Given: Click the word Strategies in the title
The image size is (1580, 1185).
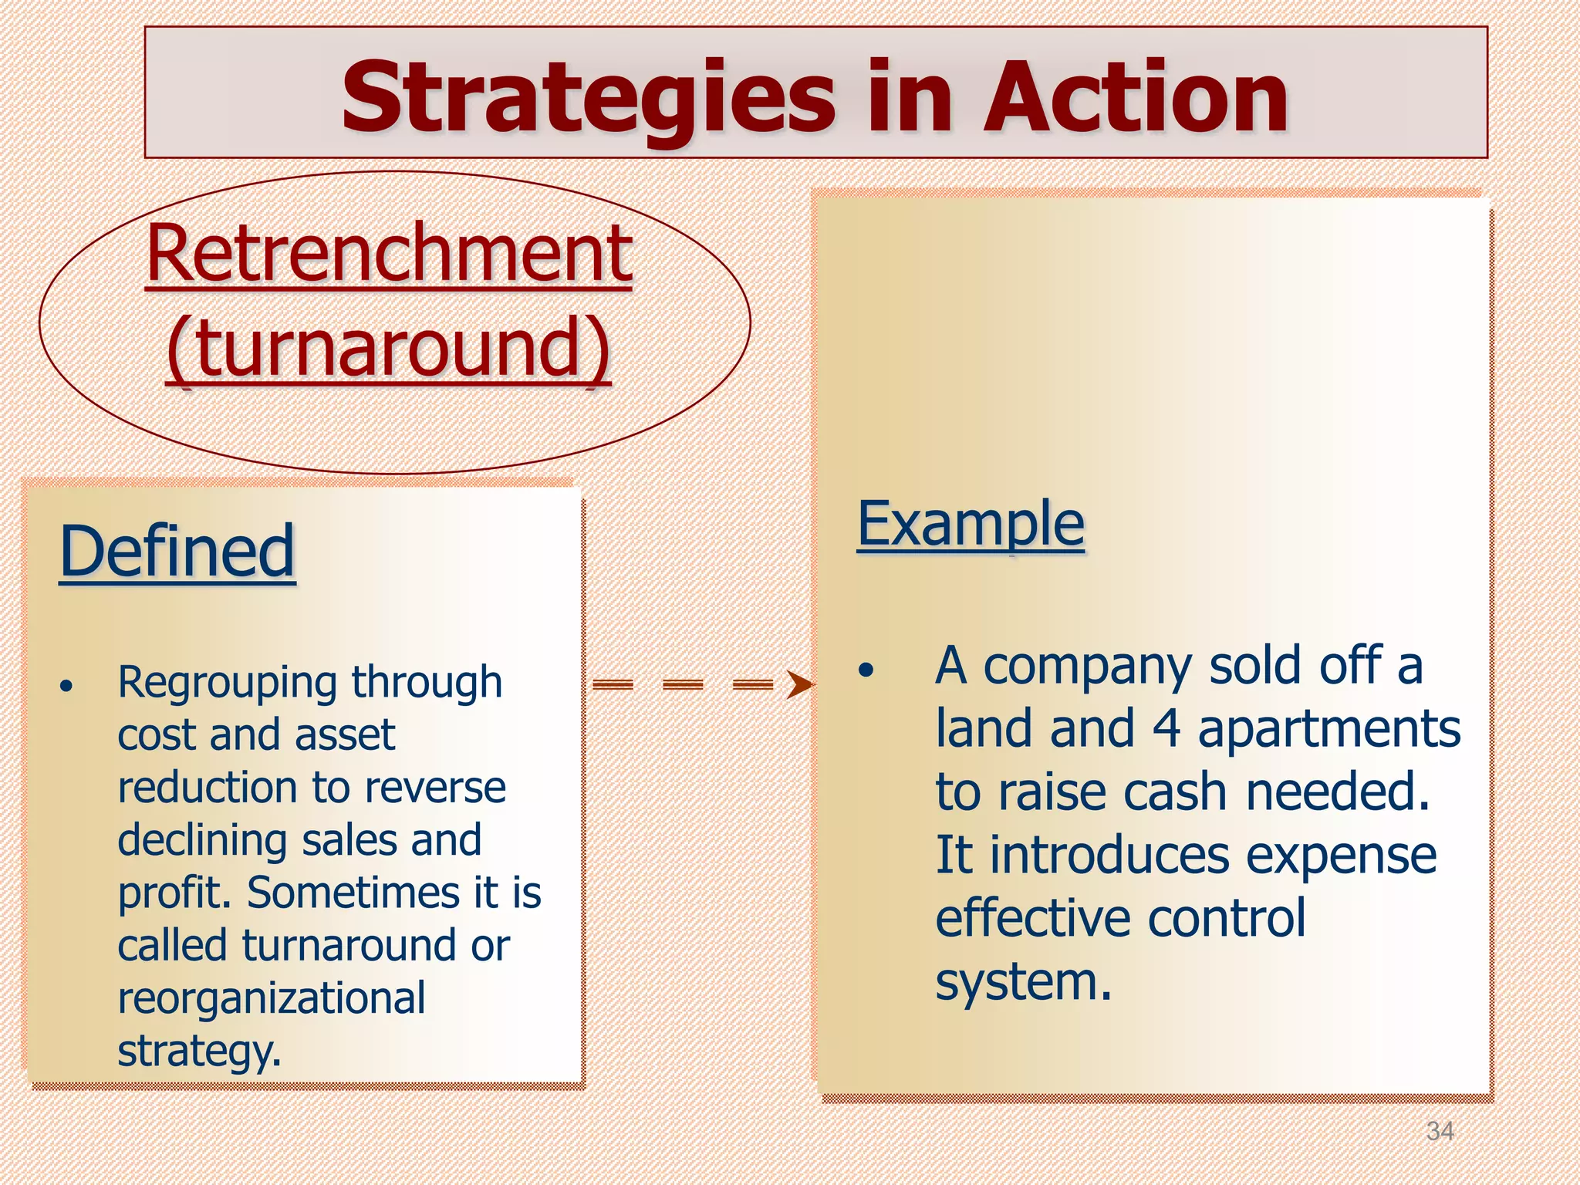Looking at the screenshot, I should tap(588, 98).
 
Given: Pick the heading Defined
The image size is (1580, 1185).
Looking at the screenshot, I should tap(177, 551).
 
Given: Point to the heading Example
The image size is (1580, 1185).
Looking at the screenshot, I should tap(971, 524).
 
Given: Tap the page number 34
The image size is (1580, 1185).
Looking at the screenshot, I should tap(1440, 1131).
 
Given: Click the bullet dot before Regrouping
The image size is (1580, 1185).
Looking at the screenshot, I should tap(67, 686).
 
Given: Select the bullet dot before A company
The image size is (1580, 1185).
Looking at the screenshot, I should tap(867, 670).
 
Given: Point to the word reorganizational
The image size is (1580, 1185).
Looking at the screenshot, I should tap(271, 998).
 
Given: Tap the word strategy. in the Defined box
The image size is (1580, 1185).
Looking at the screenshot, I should tap(199, 1051).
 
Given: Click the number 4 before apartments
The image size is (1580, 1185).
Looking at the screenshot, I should tap(1166, 728).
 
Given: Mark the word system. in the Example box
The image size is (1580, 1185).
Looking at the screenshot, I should tap(1023, 982).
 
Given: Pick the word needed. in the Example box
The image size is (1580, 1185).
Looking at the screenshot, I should tap(1338, 792).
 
